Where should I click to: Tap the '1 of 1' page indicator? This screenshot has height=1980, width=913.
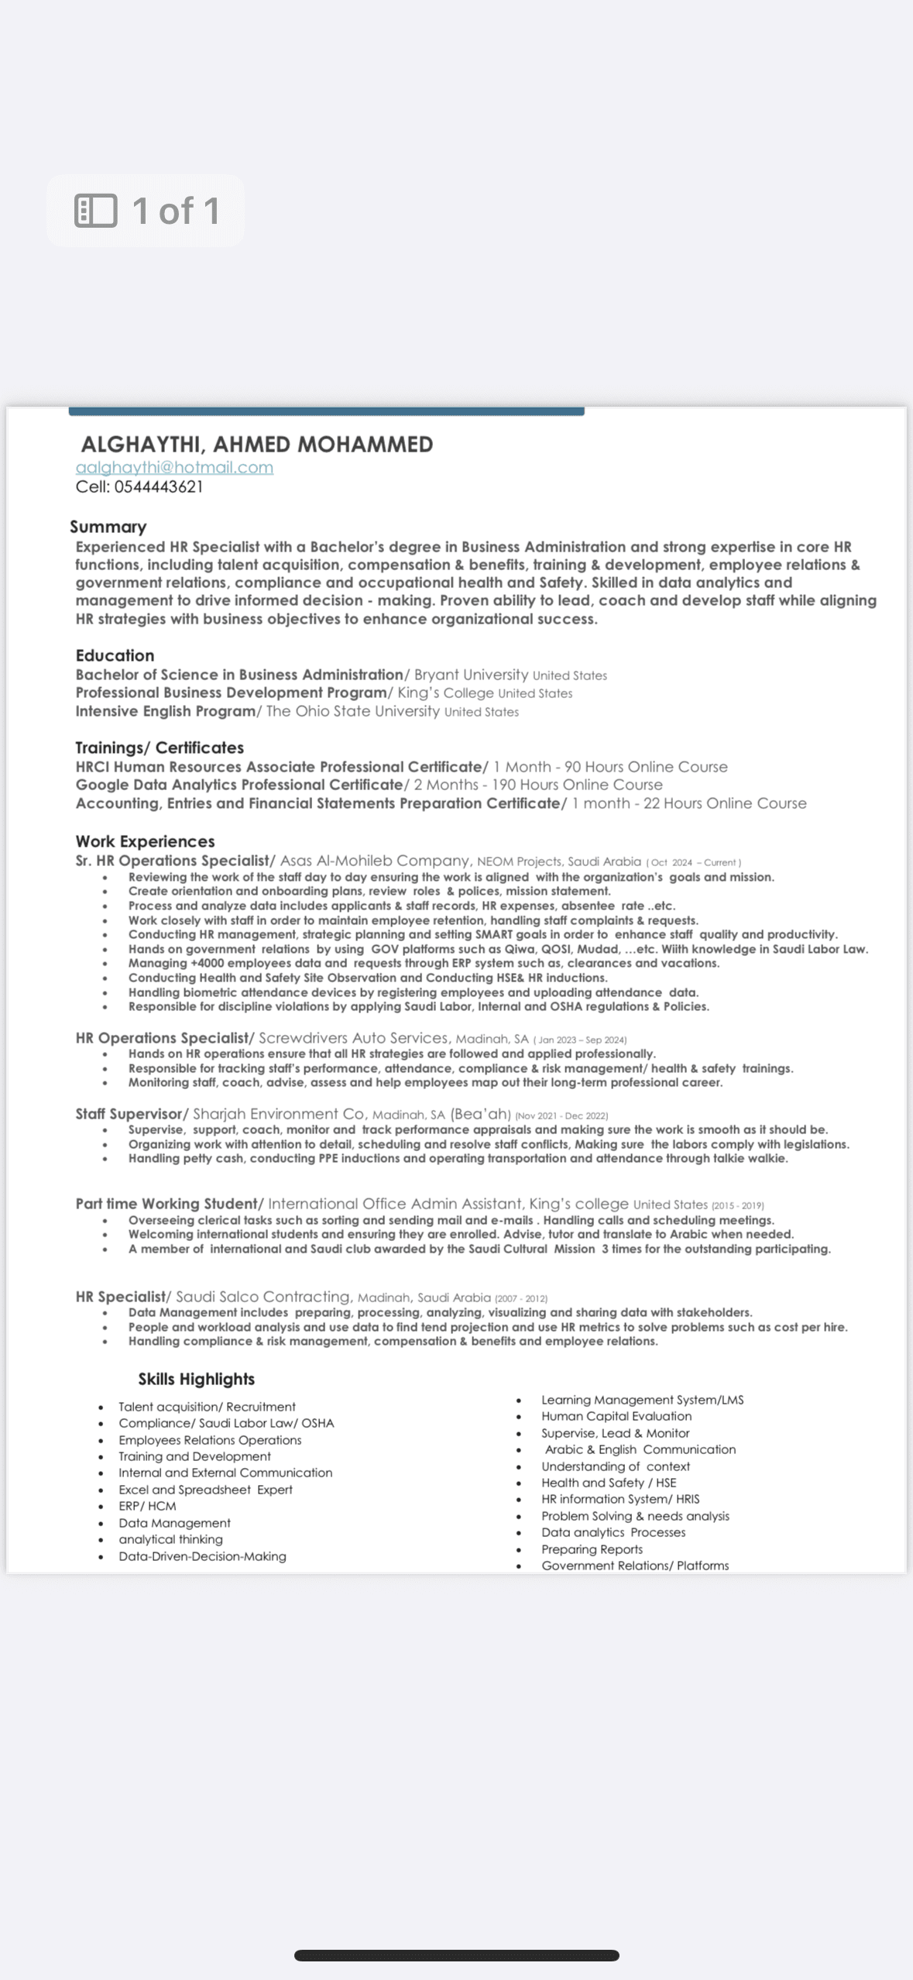click(x=146, y=211)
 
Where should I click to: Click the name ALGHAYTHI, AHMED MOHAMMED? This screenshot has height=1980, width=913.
click(x=256, y=445)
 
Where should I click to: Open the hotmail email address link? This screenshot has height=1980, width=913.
click(x=174, y=468)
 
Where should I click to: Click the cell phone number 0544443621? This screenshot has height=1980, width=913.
click(x=158, y=487)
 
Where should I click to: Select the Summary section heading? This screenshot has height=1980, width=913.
click(x=108, y=528)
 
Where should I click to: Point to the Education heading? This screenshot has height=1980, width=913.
click(x=115, y=655)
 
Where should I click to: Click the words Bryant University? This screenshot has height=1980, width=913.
click(x=471, y=675)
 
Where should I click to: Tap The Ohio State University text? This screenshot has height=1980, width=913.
click(x=352, y=711)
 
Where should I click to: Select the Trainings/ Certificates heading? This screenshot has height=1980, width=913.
click(x=159, y=748)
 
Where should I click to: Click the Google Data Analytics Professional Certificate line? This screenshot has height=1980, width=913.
click(x=239, y=785)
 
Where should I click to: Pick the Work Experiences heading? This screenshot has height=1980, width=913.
click(x=145, y=841)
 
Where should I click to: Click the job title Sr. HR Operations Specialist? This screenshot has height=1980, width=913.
click(x=173, y=861)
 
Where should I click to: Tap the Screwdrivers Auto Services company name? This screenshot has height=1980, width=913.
click(x=353, y=1038)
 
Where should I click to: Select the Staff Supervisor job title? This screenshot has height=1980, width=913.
click(x=129, y=1114)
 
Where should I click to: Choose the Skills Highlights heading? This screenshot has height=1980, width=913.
click(x=196, y=1380)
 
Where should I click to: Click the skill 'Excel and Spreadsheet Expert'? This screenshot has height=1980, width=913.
click(x=205, y=1490)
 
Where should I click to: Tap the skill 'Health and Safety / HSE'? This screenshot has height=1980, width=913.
click(x=609, y=1483)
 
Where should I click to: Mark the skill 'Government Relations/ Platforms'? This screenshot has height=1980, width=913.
click(x=635, y=1566)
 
